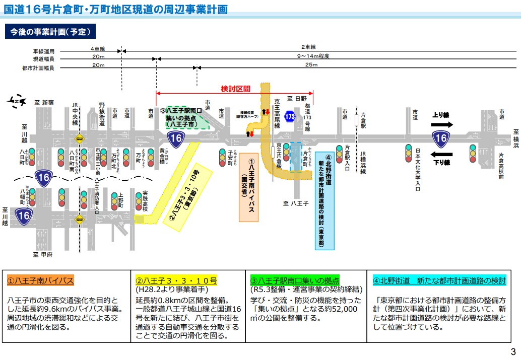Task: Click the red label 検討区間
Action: (x=235, y=89)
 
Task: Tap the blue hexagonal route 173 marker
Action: (x=289, y=116)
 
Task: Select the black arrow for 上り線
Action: (x=442, y=124)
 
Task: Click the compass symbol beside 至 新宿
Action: (x=17, y=102)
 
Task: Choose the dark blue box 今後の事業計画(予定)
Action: (x=50, y=32)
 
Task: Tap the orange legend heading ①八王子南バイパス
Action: (x=41, y=280)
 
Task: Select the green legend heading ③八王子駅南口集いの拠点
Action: (x=295, y=280)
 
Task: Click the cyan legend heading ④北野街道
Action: (x=439, y=280)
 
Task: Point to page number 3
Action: (x=513, y=351)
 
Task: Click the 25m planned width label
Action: (x=311, y=65)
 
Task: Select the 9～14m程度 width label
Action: (x=313, y=56)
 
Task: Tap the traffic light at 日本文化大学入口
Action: (x=409, y=153)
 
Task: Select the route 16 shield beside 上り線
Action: (x=441, y=138)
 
